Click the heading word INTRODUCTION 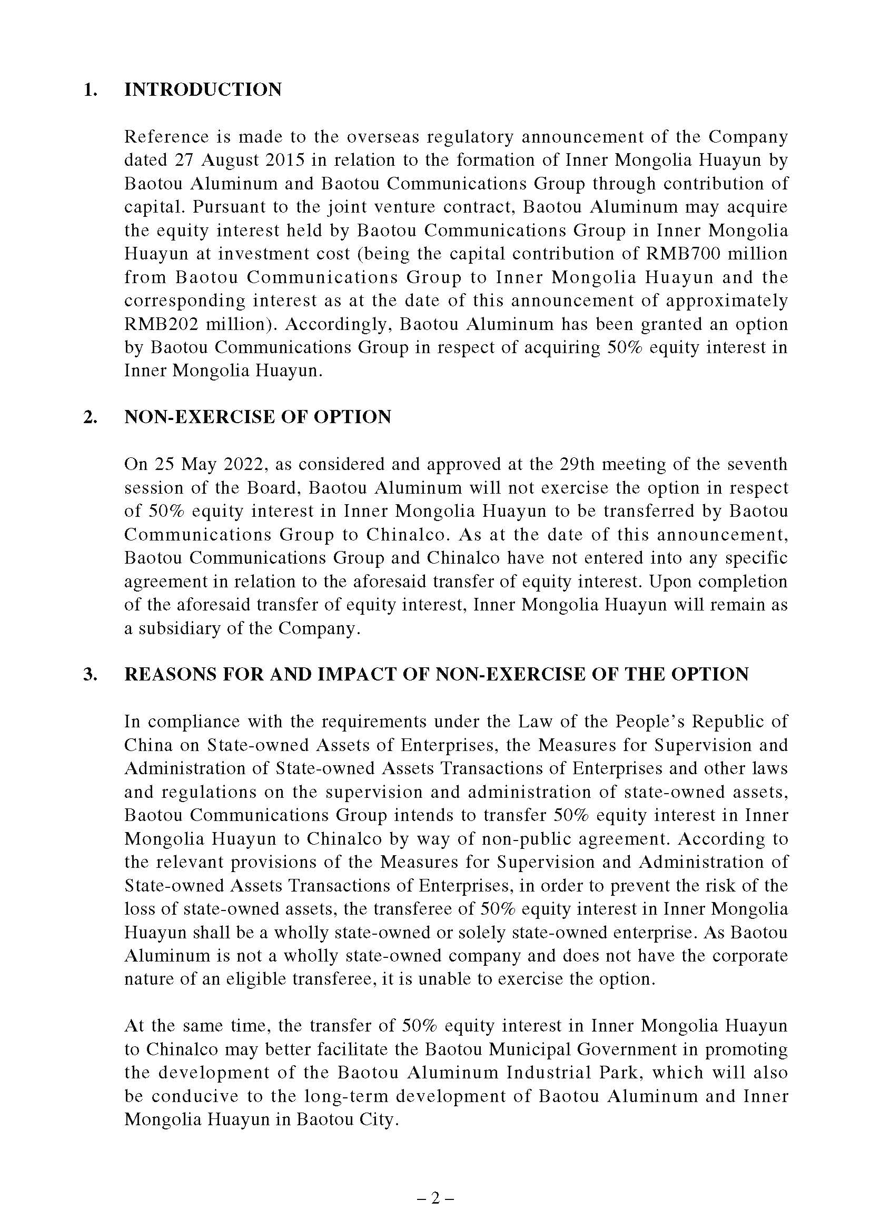(x=203, y=89)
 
